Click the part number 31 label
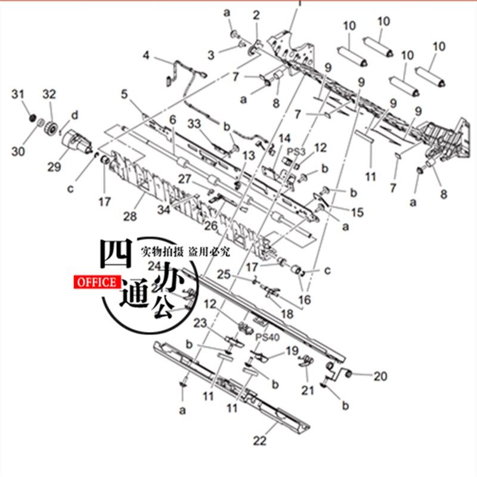(x=18, y=94)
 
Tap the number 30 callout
(x=18, y=151)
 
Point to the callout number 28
(x=131, y=215)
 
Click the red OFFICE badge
(x=96, y=282)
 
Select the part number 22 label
(x=259, y=441)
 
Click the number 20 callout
(x=380, y=376)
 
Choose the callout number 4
(x=145, y=57)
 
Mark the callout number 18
(x=287, y=314)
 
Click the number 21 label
(x=307, y=391)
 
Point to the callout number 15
(x=357, y=212)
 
